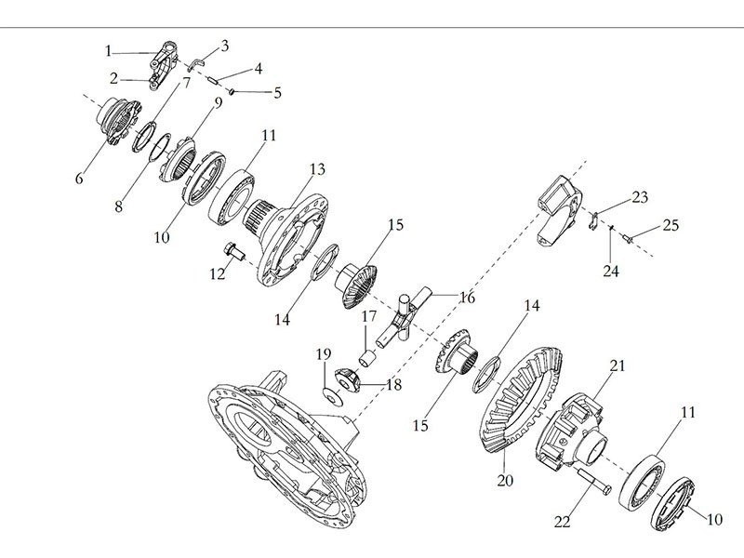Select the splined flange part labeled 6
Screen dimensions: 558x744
click(119, 121)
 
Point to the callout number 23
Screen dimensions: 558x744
click(638, 196)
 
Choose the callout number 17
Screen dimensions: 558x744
click(369, 317)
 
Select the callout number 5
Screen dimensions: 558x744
click(277, 92)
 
